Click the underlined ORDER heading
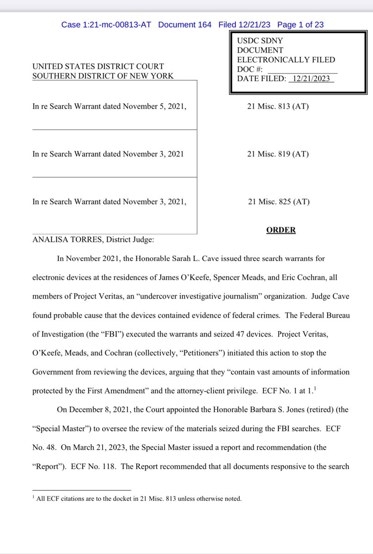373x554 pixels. tap(281, 230)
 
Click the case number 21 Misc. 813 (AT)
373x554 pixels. tap(278, 107)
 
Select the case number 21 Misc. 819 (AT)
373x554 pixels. tap(278, 154)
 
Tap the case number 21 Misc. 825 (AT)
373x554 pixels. tap(279, 201)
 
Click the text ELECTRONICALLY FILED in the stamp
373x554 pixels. tap(286, 60)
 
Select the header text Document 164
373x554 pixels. tap(184, 24)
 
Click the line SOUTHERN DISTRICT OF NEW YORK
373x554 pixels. tap(103, 76)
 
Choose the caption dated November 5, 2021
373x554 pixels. tap(110, 107)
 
